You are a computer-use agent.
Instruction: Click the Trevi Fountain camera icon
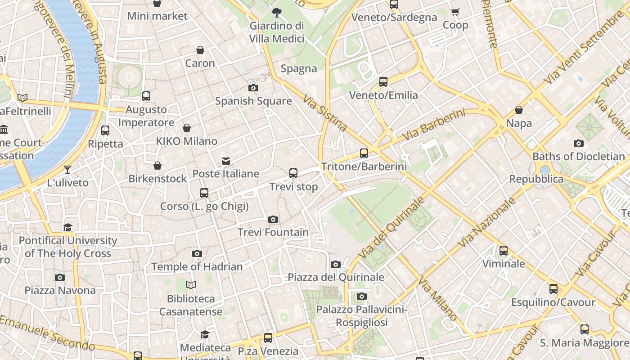coord(273,220)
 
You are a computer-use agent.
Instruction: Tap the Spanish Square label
coord(253,101)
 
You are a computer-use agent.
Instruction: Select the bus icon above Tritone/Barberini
coord(364,153)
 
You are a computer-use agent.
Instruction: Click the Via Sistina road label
coord(324,112)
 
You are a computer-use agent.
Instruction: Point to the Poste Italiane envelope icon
coord(226,161)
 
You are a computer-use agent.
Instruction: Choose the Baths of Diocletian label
coord(578,157)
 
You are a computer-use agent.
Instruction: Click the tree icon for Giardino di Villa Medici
coord(277,13)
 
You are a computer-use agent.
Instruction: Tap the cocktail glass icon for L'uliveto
coord(67,170)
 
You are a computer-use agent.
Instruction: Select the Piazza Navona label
coord(60,290)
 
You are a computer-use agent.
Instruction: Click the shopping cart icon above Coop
coord(455,12)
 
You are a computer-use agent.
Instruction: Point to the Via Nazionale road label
coord(487,223)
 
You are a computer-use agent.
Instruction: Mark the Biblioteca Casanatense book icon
coord(191,285)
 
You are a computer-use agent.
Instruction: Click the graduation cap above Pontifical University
coord(67,227)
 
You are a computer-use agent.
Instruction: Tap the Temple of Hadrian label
coord(197,266)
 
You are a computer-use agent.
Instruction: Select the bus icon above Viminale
coord(504,251)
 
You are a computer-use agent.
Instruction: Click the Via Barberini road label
coord(434,125)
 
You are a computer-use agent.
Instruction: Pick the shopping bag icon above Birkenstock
coord(157,166)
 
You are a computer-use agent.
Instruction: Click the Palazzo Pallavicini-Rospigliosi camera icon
coord(362,296)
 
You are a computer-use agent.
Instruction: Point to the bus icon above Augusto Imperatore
coord(146,96)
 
